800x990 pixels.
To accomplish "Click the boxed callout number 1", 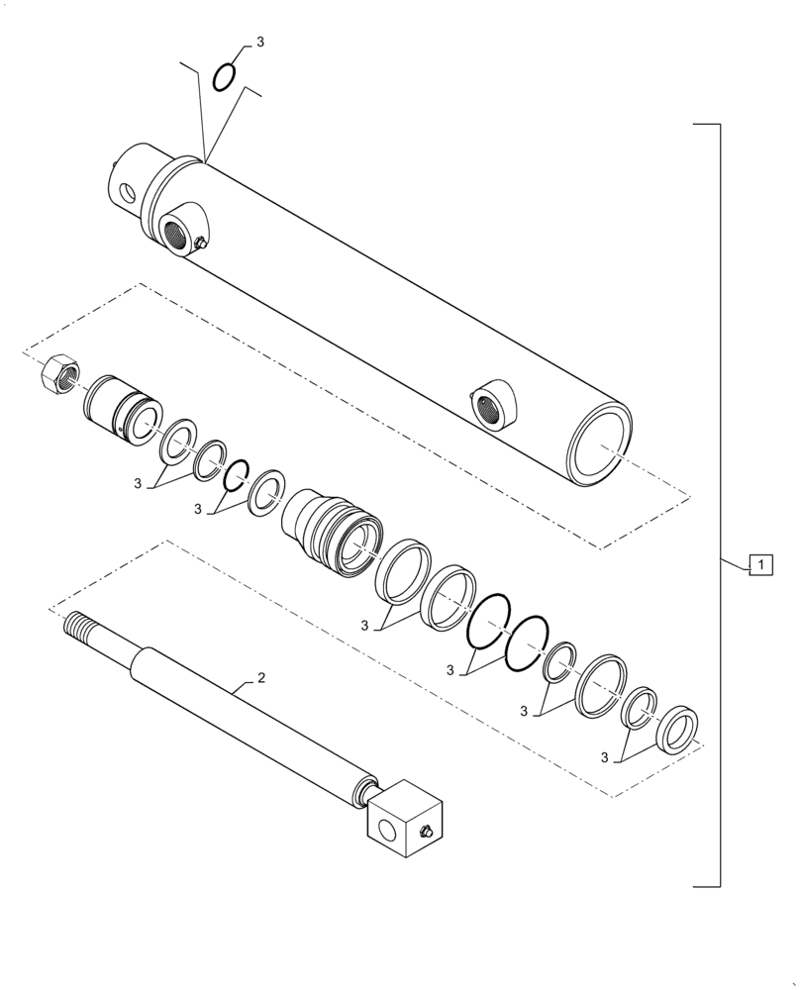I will pyautogui.click(x=759, y=566).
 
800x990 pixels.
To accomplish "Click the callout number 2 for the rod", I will pyautogui.click(x=260, y=678).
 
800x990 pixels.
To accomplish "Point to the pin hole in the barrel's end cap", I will pyautogui.click(x=126, y=192).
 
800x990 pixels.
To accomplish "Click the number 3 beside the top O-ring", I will pyautogui.click(x=260, y=43).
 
